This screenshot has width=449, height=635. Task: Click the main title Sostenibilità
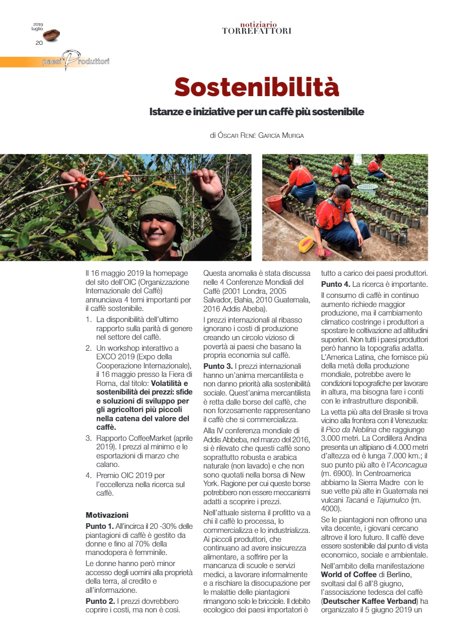point(256,87)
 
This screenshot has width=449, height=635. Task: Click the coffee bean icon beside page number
point(51,35)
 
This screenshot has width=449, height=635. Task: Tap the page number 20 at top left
point(39,43)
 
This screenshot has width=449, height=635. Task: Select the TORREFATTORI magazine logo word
point(256,31)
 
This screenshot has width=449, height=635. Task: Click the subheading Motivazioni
point(107,515)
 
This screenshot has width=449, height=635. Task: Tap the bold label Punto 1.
point(99,526)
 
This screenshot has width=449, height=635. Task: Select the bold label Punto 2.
point(99,601)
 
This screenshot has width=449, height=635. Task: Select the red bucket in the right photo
point(274,204)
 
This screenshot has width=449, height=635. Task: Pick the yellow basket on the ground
point(306,245)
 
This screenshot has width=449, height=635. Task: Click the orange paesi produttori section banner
point(55,62)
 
